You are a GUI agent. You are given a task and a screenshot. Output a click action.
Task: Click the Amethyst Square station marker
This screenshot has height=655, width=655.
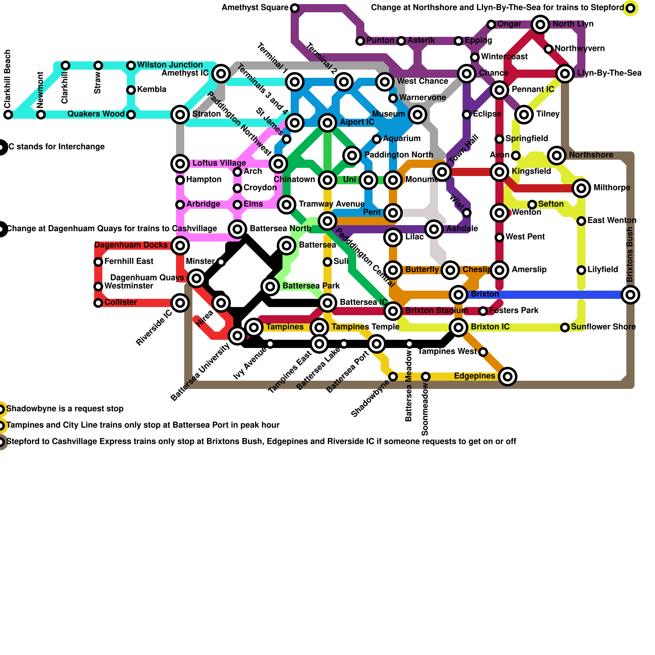click(x=295, y=8)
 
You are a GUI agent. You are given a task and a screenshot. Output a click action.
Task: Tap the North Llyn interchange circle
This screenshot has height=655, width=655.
click(x=540, y=25)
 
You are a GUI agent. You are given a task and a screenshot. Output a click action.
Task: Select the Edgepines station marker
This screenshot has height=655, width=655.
click(x=508, y=376)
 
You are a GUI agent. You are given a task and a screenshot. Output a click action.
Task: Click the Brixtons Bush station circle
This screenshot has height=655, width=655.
click(x=630, y=294)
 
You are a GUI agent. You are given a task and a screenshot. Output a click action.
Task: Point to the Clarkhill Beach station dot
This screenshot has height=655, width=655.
click(x=8, y=115)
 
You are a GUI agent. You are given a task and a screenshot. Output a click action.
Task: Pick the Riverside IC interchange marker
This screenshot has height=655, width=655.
click(x=180, y=303)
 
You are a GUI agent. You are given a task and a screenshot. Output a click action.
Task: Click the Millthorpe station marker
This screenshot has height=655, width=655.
click(x=581, y=188)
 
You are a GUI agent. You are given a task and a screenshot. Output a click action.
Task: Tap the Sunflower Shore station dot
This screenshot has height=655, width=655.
click(x=565, y=327)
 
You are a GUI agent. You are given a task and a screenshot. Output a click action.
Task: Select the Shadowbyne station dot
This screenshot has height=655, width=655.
click(x=393, y=376)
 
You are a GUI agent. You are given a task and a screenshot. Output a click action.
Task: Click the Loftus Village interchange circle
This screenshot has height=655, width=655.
click(x=180, y=164)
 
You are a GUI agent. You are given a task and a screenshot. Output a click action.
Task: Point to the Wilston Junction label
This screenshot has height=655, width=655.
click(x=170, y=65)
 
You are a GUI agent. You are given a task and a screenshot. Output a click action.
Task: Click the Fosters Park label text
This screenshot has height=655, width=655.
click(x=514, y=311)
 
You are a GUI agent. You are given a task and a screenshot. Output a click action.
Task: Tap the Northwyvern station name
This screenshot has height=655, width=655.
click(x=580, y=49)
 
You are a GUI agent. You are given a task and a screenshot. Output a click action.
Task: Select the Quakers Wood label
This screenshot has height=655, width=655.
click(x=96, y=114)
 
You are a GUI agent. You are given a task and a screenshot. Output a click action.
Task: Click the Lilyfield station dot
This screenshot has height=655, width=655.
click(x=581, y=270)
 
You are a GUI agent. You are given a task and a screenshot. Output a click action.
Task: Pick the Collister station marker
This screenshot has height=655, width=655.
click(x=98, y=303)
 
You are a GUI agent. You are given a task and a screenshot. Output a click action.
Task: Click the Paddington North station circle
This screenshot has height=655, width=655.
click(x=352, y=155)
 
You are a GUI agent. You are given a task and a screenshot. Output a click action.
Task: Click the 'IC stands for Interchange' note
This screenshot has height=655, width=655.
click(x=56, y=147)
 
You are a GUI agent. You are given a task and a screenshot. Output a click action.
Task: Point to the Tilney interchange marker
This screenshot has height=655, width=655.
click(x=524, y=115)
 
